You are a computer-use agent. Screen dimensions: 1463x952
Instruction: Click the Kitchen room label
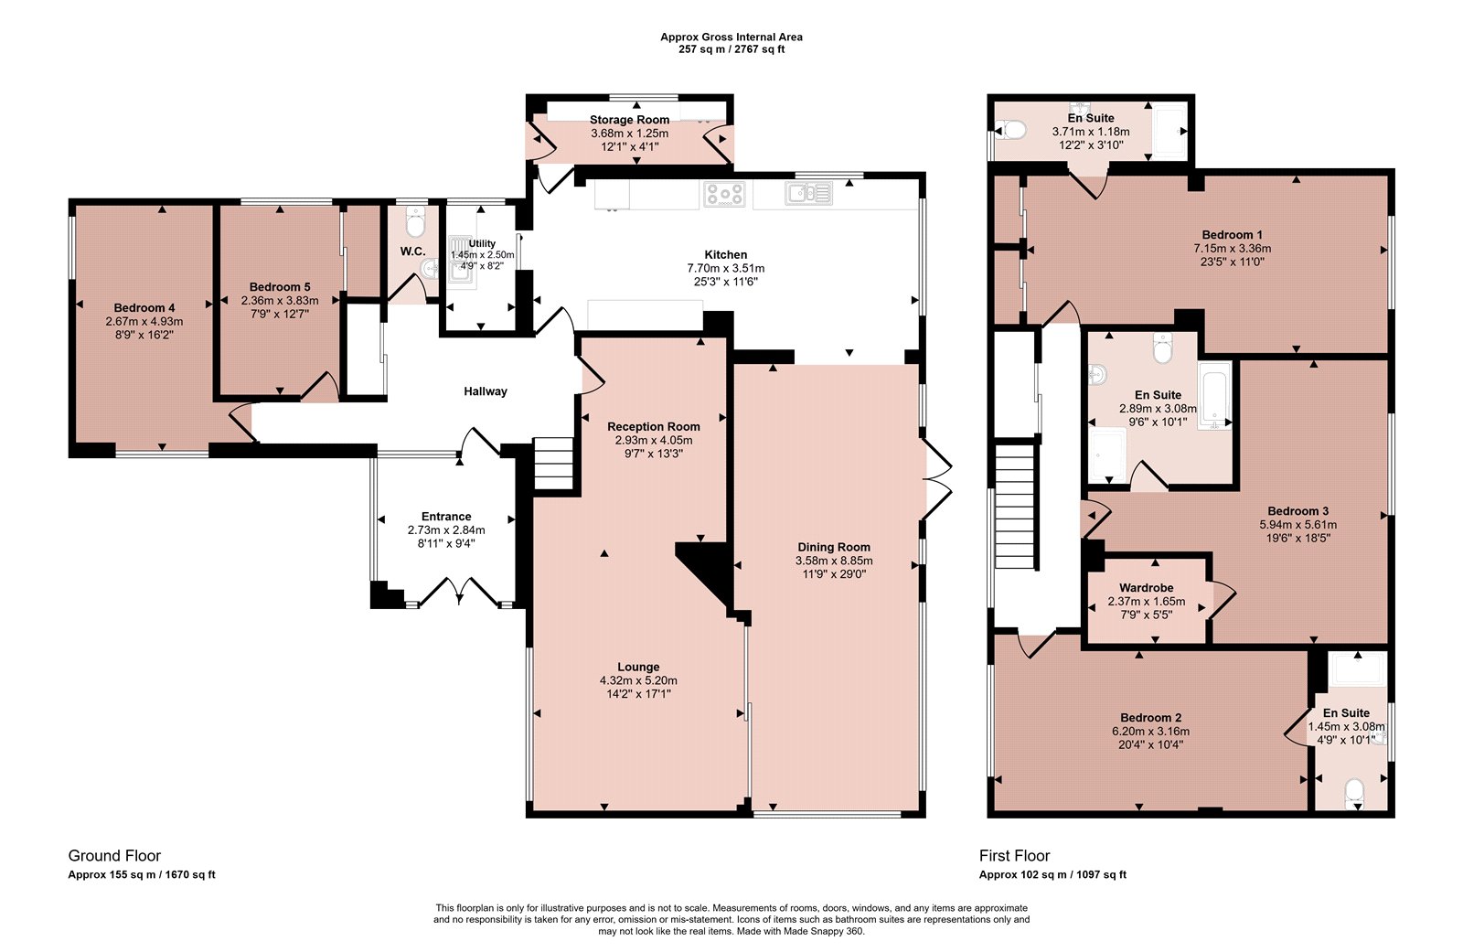click(725, 255)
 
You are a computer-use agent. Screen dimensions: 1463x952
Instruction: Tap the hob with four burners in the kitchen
click(723, 194)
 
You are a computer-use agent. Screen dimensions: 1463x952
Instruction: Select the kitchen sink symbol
click(808, 193)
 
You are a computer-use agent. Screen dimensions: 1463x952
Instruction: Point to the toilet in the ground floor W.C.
click(415, 222)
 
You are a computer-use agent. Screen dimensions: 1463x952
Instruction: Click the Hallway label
click(486, 391)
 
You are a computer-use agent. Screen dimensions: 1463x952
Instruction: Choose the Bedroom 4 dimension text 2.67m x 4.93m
click(144, 322)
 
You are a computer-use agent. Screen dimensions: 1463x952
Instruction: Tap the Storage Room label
click(629, 120)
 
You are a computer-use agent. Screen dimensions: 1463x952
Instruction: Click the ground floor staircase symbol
click(554, 464)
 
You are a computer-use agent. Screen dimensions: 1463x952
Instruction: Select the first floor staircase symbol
click(1015, 508)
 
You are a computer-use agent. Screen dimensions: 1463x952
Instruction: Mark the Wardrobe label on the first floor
click(1147, 588)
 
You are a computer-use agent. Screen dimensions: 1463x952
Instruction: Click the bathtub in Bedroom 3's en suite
click(1214, 396)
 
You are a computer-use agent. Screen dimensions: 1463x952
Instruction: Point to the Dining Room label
click(834, 547)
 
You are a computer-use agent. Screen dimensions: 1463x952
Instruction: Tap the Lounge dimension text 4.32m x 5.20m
click(638, 680)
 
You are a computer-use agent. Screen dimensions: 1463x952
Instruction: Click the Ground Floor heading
click(114, 855)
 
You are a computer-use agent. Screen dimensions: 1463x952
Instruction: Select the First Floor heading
click(1014, 855)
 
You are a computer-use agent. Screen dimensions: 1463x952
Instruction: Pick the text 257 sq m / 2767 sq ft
click(731, 49)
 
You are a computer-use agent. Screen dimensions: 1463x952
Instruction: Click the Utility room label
click(482, 244)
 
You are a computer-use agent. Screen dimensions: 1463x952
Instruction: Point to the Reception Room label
click(653, 427)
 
